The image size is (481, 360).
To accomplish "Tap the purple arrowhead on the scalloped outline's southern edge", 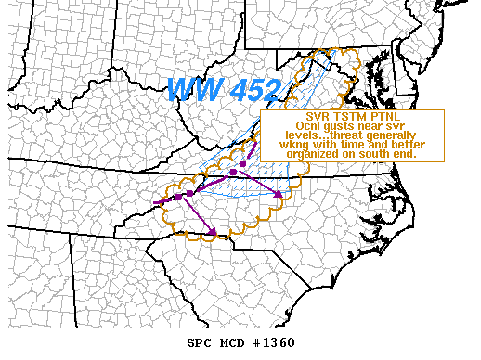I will tap(213, 232).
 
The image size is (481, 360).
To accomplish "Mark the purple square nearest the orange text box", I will tap(242, 163).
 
